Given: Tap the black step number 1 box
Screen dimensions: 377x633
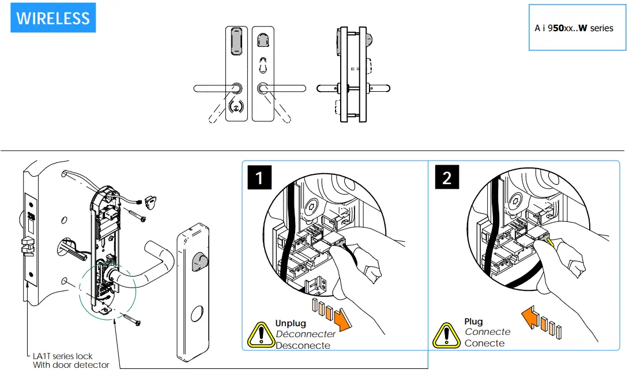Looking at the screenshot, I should coord(259,177).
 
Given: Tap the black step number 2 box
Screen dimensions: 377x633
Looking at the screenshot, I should coord(447,177).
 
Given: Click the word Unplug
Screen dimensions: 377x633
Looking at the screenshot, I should coord(291,323).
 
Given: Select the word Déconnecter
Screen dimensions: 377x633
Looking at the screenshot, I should coord(306,334).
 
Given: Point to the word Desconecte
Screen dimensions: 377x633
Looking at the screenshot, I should coord(303,345).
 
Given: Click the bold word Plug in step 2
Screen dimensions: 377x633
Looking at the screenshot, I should coord(473,322).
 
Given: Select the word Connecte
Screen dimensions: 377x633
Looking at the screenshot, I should coord(487,332).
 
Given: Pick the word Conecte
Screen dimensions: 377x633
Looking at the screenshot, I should coord(484,344).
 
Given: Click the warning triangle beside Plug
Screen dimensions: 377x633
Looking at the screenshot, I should coord(447,334).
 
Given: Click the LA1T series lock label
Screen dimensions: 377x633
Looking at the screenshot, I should coord(62,356).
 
